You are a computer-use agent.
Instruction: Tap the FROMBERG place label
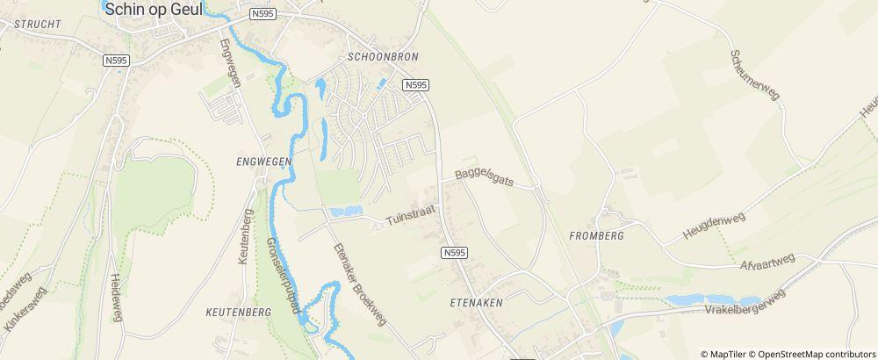(596, 236)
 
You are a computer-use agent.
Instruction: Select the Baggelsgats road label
(483, 178)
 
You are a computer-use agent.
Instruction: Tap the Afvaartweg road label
(766, 263)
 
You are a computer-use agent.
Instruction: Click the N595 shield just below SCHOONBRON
(416, 85)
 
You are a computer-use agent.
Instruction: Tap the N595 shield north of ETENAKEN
(453, 253)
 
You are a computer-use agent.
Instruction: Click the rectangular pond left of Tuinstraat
(346, 212)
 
